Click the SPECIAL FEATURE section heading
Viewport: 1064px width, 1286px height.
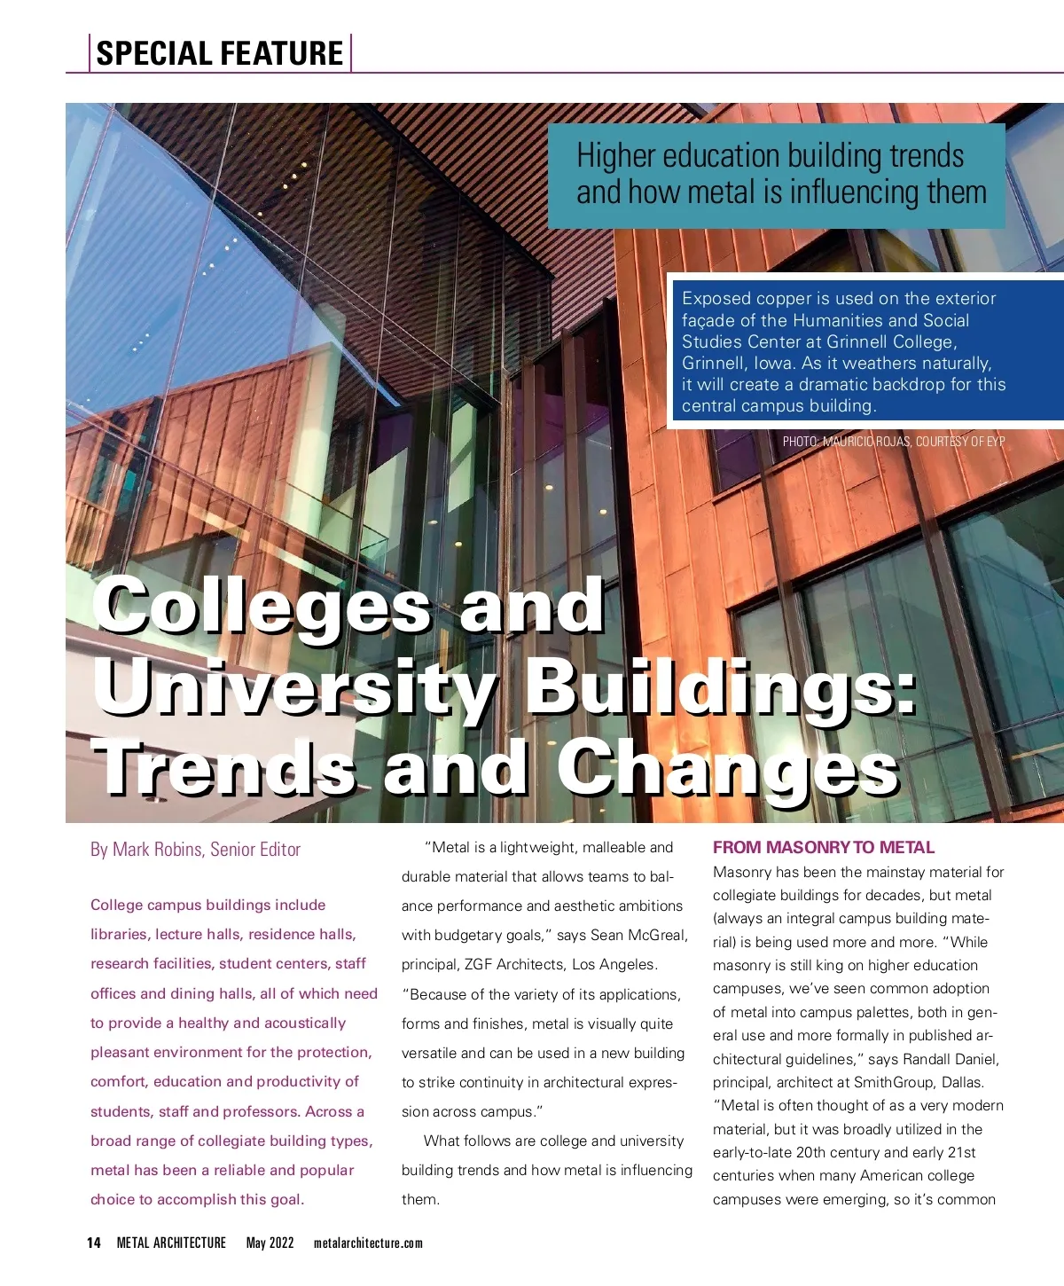click(x=219, y=53)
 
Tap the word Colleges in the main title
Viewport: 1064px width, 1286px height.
click(x=262, y=607)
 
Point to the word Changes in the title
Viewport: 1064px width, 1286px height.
click(x=727, y=768)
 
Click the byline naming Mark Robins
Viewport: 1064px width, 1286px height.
click(x=195, y=850)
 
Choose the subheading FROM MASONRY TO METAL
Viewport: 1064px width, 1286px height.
click(x=824, y=847)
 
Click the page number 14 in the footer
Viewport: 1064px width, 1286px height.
click(x=94, y=1243)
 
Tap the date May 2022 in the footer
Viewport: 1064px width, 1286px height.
click(x=270, y=1243)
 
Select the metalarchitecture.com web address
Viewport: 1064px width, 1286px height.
click(x=368, y=1243)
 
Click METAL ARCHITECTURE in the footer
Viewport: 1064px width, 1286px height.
click(x=171, y=1243)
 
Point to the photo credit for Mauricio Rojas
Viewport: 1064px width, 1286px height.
click(x=894, y=441)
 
